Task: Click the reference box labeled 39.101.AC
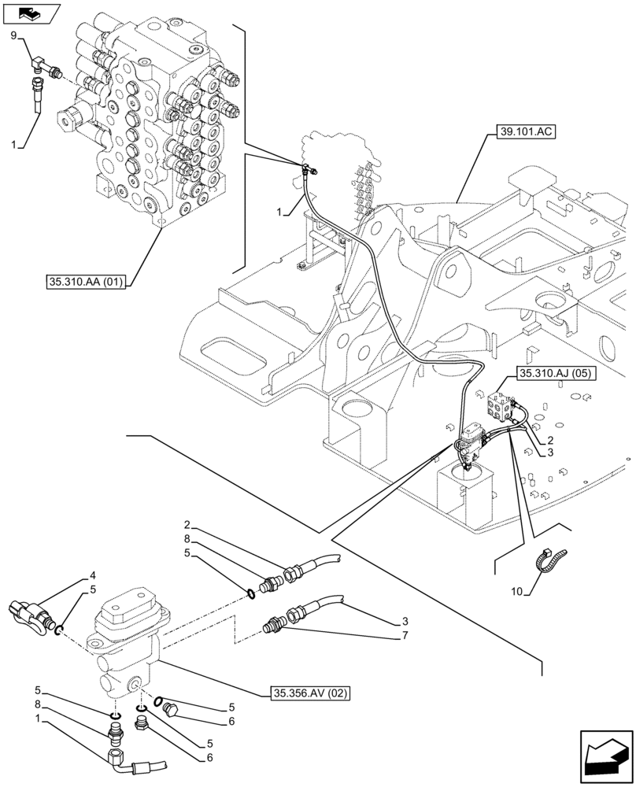coord(527,132)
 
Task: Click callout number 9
coord(13,35)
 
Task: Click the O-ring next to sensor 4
coord(59,629)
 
